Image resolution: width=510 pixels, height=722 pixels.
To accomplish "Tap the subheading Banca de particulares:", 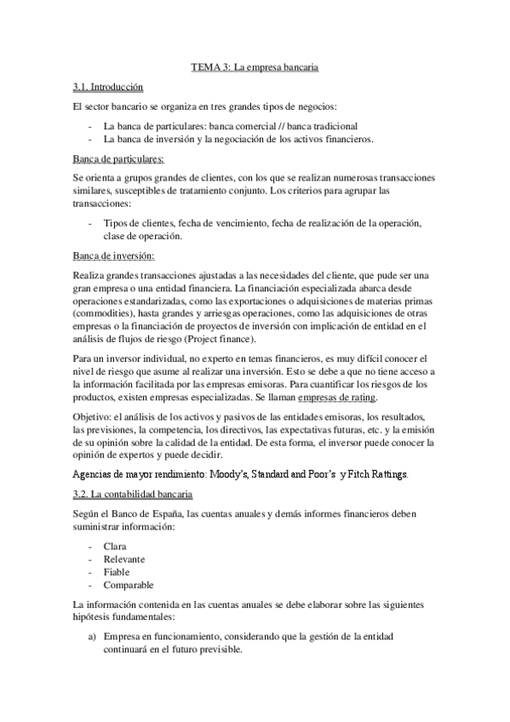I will click(x=119, y=158).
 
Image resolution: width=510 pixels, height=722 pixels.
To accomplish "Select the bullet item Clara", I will click(x=115, y=545).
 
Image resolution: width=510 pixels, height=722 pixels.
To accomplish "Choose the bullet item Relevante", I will click(x=124, y=559).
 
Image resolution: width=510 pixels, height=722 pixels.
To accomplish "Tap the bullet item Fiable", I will click(x=117, y=572).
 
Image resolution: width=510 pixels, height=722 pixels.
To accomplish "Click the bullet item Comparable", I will click(x=129, y=586).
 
